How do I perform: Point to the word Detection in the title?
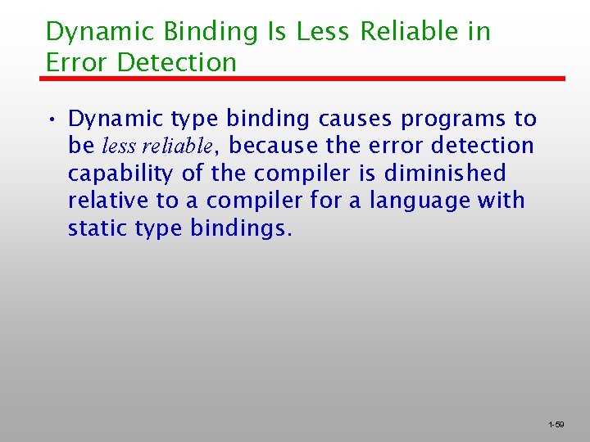[x=177, y=62]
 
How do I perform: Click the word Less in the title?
[x=323, y=32]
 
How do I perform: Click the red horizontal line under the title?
[x=303, y=79]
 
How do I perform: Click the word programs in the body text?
[x=453, y=120]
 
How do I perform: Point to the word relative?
[x=103, y=201]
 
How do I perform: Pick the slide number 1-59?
[x=556, y=425]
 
